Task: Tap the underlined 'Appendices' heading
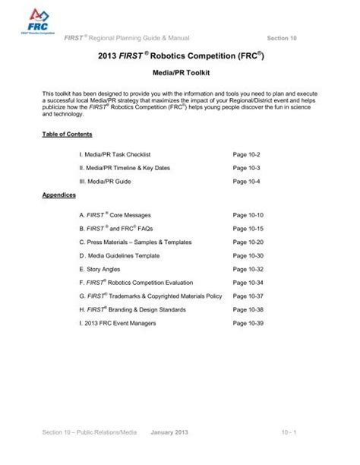[x=59, y=195]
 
